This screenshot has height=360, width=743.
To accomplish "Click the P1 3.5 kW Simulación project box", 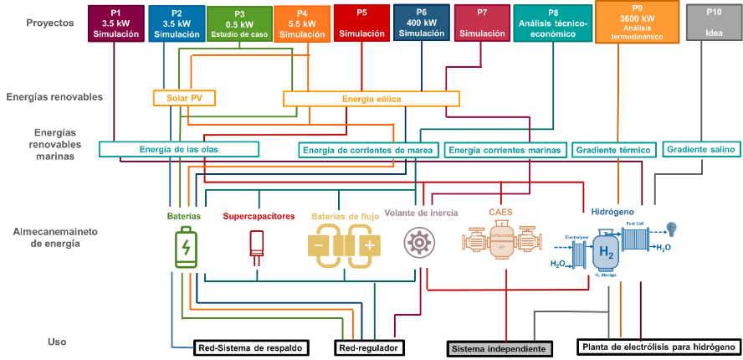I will [115, 23].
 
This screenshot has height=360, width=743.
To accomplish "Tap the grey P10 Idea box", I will [712, 23].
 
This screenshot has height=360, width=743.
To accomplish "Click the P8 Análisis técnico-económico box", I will [553, 23].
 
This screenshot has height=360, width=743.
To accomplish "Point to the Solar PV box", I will [184, 98].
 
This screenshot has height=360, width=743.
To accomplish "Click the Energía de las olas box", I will [179, 149].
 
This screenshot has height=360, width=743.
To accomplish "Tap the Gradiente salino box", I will [701, 149].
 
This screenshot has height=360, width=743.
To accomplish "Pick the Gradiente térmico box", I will [613, 150].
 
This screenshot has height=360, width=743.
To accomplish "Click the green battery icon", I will [184, 247].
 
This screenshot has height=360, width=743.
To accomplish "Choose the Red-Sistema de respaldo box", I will [250, 347].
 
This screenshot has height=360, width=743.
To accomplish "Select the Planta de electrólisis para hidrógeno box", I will [658, 347].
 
